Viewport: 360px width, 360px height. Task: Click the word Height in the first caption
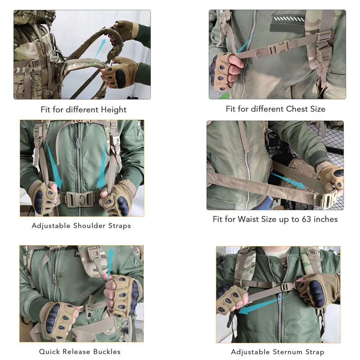click(x=113, y=109)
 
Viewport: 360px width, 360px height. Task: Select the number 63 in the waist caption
click(x=306, y=219)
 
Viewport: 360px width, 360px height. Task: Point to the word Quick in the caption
click(x=48, y=351)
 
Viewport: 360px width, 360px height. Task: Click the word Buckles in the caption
click(x=107, y=351)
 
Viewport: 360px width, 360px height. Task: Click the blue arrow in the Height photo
click(x=100, y=48)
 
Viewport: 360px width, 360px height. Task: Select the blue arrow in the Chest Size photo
click(x=246, y=43)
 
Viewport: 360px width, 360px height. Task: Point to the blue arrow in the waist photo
click(x=288, y=180)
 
